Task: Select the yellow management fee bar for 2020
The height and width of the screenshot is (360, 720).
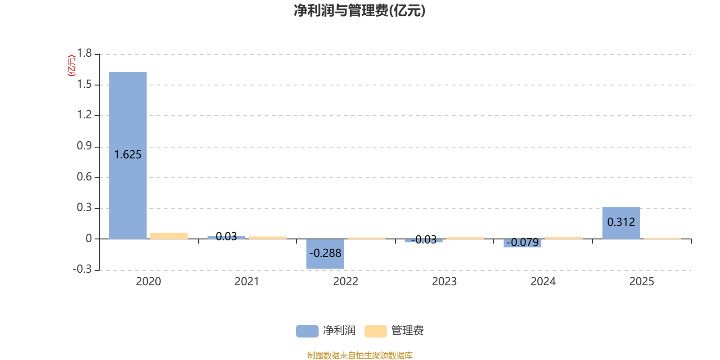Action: [169, 236]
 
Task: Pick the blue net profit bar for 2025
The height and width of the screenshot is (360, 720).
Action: [621, 211]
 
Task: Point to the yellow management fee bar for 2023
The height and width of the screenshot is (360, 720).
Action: [465, 238]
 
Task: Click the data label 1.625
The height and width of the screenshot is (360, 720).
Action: [128, 155]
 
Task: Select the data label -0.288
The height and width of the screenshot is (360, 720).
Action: [325, 253]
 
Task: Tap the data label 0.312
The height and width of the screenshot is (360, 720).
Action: [621, 222]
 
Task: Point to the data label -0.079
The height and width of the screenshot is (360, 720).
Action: [522, 243]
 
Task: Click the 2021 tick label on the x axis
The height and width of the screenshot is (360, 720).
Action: [247, 282]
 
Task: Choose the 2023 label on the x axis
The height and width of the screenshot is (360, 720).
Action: [444, 282]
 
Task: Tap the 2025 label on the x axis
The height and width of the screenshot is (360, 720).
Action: [641, 282]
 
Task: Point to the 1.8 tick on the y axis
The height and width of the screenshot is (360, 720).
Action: [84, 54]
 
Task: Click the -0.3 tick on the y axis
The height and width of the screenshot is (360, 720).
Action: [82, 269]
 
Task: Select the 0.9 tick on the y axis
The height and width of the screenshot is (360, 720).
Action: [84, 146]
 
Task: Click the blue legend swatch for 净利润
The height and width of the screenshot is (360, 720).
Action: [307, 331]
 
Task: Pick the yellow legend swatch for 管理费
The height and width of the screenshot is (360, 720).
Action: [375, 331]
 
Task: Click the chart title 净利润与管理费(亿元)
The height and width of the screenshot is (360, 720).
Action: [360, 11]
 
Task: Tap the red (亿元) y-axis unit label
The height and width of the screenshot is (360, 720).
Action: [72, 66]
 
